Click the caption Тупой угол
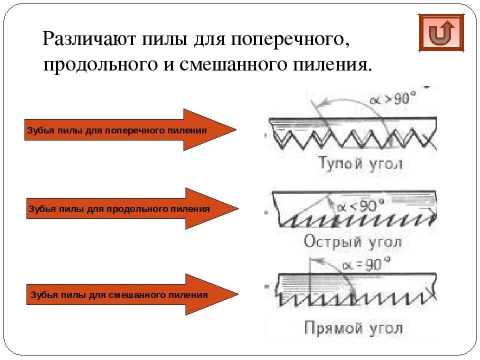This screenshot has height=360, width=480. pyautogui.click(x=360, y=163)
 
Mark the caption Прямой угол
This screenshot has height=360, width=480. pyautogui.click(x=353, y=328)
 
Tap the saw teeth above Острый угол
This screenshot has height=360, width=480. pyautogui.click(x=350, y=220)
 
